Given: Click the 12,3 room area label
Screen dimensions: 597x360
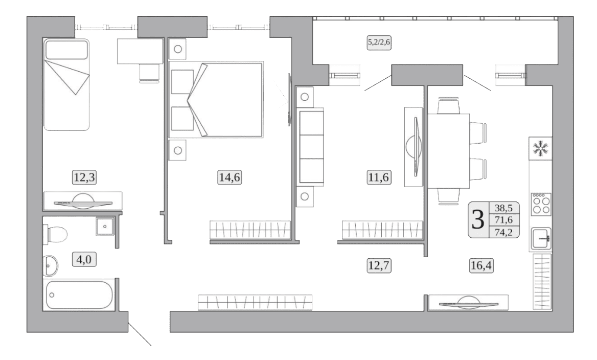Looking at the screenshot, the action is (84, 177).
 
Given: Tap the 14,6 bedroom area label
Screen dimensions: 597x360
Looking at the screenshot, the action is (229, 177).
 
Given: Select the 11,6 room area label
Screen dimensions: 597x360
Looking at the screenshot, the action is (379, 177).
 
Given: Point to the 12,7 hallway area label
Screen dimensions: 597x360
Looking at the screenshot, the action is (379, 265).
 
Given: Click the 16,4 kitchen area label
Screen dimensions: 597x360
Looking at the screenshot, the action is (481, 265).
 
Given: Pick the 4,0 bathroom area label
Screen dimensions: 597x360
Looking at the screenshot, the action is (84, 259).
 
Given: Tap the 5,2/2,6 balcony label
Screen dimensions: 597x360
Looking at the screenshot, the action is (379, 42).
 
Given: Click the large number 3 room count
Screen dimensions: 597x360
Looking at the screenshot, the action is (478, 220).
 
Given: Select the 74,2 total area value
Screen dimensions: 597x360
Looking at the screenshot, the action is (504, 232).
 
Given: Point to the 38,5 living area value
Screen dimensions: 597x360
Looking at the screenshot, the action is (504, 208).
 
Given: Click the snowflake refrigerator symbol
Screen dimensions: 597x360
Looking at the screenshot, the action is (540, 148).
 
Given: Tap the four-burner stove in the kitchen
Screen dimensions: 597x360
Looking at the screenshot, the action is (541, 204).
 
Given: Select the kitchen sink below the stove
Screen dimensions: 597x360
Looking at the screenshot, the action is (541, 238).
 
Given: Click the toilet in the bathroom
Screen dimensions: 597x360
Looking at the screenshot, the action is (56, 234).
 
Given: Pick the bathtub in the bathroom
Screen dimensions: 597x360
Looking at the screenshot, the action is (79, 295).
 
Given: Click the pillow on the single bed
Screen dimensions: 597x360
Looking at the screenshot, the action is (66, 50).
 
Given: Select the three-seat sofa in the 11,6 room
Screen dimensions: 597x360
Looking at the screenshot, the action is (311, 147).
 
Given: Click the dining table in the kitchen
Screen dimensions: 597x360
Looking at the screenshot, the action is (448, 151).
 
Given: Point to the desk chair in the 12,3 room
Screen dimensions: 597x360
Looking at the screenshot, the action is (149, 73).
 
